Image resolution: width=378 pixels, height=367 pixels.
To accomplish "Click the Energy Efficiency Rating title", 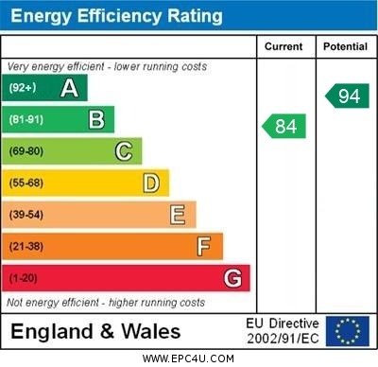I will pyautogui.click(x=116, y=16).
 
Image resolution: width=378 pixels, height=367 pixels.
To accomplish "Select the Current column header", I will pyautogui.click(x=283, y=46).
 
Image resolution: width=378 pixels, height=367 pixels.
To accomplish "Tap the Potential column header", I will pyautogui.click(x=345, y=46).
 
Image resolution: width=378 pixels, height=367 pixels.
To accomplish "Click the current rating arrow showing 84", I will pyautogui.click(x=283, y=126).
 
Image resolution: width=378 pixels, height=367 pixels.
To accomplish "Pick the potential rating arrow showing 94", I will pyautogui.click(x=346, y=96).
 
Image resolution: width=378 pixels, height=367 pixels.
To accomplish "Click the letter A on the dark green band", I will pyautogui.click(x=69, y=89).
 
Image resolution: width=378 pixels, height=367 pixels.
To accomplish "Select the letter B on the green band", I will pyautogui.click(x=96, y=120).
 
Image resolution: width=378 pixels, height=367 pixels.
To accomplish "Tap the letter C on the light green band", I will pyautogui.click(x=123, y=151).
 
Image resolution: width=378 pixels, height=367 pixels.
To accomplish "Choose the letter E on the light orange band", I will pyautogui.click(x=177, y=215).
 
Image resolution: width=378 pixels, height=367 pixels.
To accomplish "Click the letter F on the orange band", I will pyautogui.click(x=203, y=247).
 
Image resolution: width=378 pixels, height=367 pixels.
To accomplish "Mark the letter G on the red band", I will pyautogui.click(x=232, y=278).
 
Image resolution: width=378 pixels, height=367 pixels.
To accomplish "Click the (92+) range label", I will pyautogui.click(x=24, y=89).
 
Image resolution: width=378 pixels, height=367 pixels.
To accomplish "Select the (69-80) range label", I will pyautogui.click(x=26, y=151).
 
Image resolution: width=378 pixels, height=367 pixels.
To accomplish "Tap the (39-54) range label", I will pyautogui.click(x=26, y=215).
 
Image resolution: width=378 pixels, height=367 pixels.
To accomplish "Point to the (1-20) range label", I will pyautogui.click(x=24, y=278).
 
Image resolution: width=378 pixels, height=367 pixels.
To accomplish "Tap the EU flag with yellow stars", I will pyautogui.click(x=347, y=331).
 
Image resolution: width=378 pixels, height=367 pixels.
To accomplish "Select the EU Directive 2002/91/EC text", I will pyautogui.click(x=283, y=331).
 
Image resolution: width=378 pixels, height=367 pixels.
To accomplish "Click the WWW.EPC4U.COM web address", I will pyautogui.click(x=188, y=358).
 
